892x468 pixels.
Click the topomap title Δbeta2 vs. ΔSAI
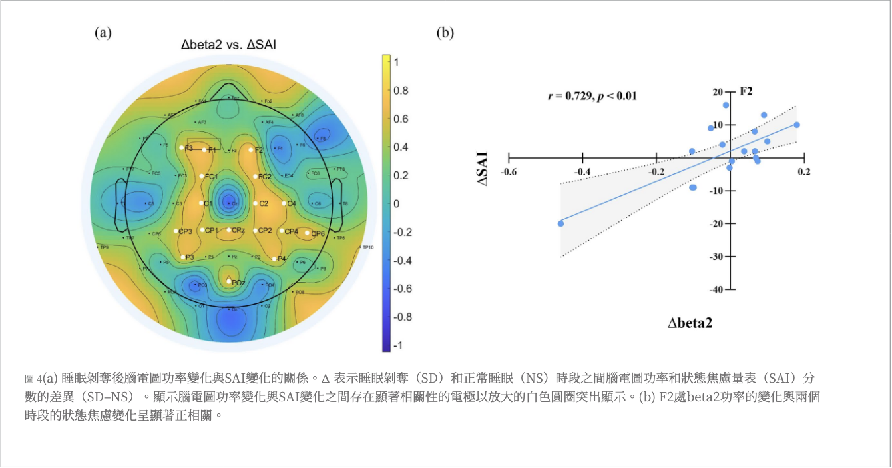pyautogui.click(x=229, y=45)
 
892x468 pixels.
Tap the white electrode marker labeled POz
pyautogui.click(x=228, y=281)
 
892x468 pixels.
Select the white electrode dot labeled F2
pyautogui.click(x=251, y=150)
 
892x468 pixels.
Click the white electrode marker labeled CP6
pyautogui.click(x=308, y=233)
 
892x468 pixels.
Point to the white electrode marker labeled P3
pyautogui.click(x=183, y=257)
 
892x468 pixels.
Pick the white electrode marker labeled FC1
pyautogui.click(x=202, y=176)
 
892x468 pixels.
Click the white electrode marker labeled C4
pyautogui.click(x=284, y=203)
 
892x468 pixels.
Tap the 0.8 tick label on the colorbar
pyautogui.click(x=401, y=90)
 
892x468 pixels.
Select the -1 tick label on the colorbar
pyautogui.click(x=397, y=345)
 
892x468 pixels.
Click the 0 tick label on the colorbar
pyautogui.click(x=397, y=203)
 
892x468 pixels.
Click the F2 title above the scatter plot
pyautogui.click(x=746, y=91)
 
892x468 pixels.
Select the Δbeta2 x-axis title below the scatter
pyautogui.click(x=691, y=323)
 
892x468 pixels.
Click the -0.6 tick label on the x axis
pyautogui.click(x=509, y=172)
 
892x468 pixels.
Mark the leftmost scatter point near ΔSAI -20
pyautogui.click(x=560, y=223)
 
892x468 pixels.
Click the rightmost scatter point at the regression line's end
pyautogui.click(x=796, y=125)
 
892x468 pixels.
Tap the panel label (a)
pyautogui.click(x=103, y=32)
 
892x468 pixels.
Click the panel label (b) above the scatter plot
pyautogui.click(x=445, y=32)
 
